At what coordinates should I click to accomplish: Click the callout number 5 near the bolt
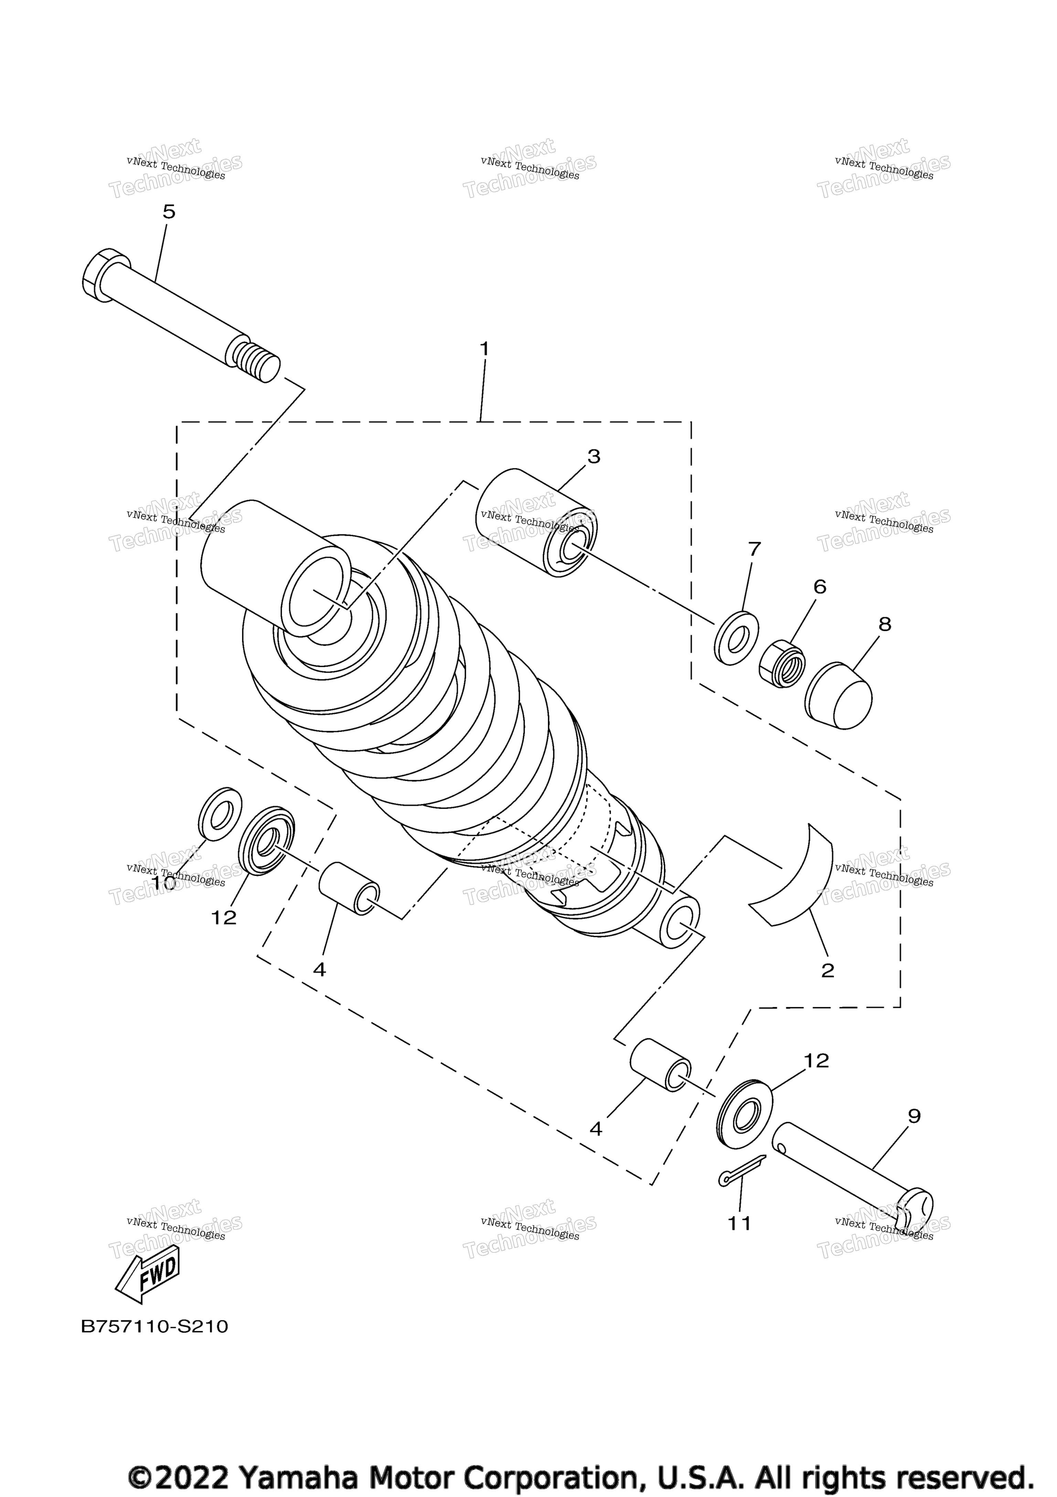tap(169, 212)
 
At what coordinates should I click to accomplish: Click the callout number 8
tap(884, 625)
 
